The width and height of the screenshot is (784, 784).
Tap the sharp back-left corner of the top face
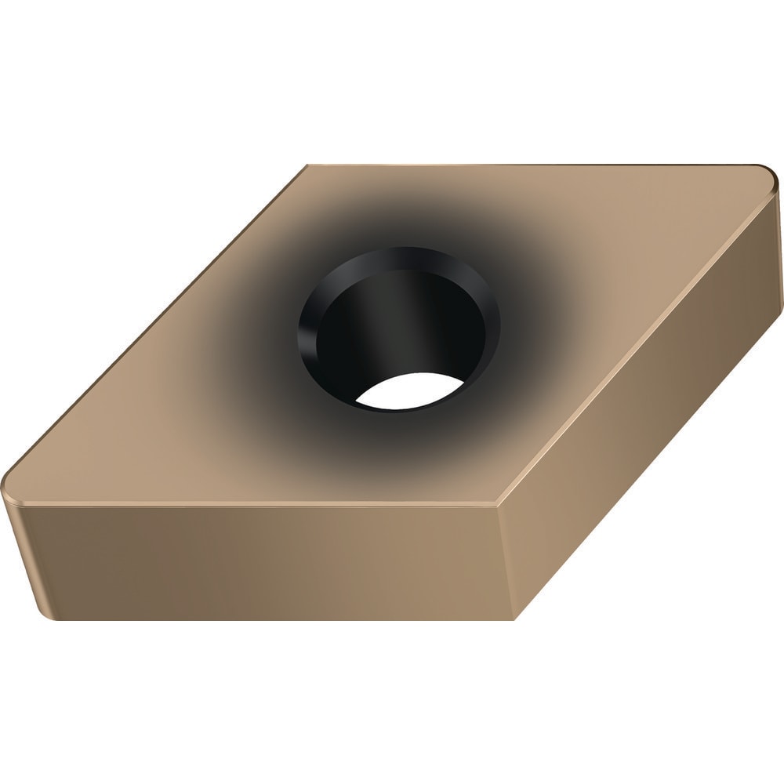(309, 165)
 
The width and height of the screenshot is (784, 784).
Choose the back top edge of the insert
(533, 165)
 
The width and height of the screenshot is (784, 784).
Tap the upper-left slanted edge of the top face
(157, 321)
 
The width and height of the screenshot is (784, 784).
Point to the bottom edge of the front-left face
(274, 618)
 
